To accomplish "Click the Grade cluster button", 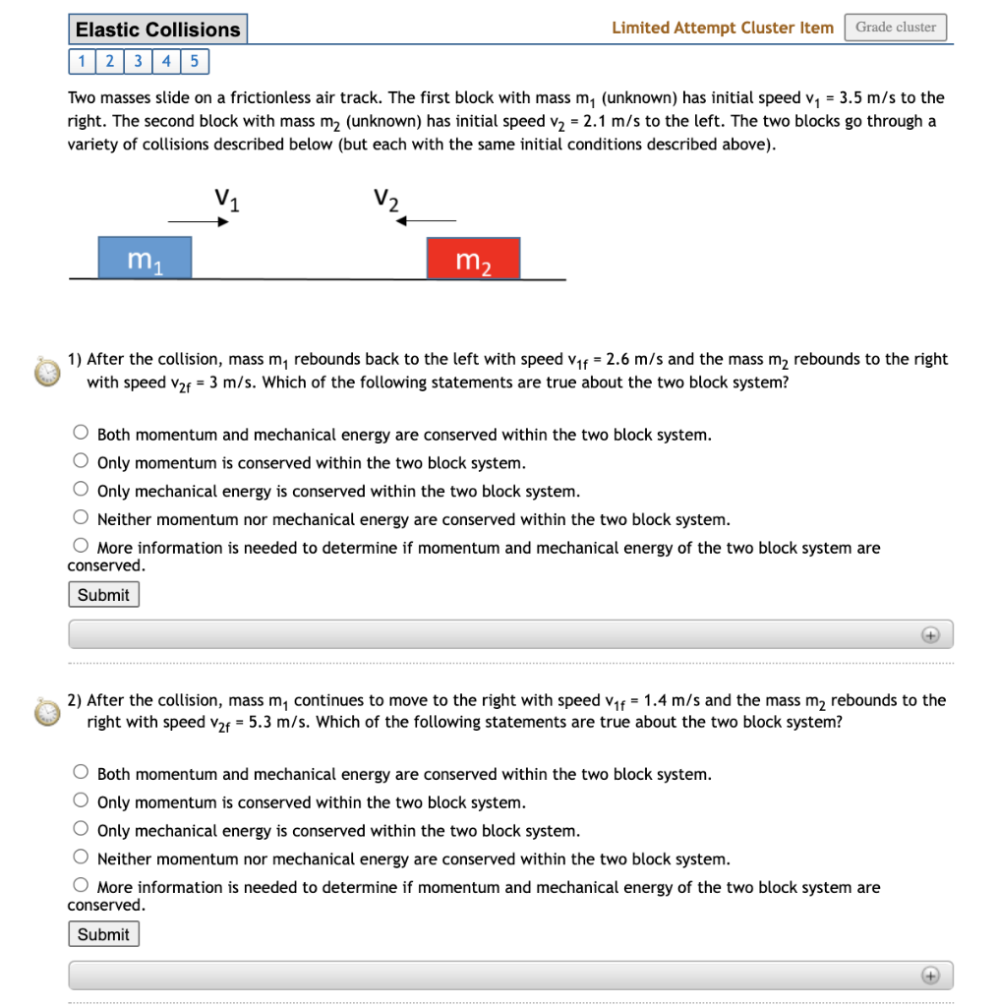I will [x=895, y=28].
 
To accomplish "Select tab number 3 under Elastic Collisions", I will [x=139, y=62].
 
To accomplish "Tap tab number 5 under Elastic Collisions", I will [x=195, y=62].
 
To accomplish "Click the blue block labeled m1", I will [x=145, y=259].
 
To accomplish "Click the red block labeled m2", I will [x=473, y=259].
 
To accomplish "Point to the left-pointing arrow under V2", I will [x=425, y=221].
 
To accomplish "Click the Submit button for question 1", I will [x=103, y=595].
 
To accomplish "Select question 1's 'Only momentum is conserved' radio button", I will [x=81, y=461].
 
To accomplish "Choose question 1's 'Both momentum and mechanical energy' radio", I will [x=81, y=433].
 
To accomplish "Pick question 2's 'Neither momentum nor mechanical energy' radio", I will [x=81, y=858].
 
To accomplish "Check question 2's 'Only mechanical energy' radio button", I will [x=81, y=830].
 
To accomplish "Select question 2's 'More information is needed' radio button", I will [x=81, y=886].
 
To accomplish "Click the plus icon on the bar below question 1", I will [x=930, y=635].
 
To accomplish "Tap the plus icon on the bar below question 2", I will [x=930, y=976].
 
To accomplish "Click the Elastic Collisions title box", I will [x=157, y=30].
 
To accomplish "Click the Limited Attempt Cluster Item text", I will [x=722, y=28].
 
